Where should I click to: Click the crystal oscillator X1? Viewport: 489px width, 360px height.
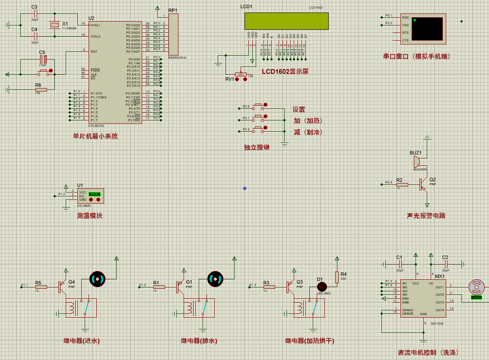click(x=54, y=25)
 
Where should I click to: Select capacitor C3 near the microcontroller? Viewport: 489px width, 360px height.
click(x=35, y=14)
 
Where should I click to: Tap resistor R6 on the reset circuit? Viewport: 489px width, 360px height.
click(x=41, y=89)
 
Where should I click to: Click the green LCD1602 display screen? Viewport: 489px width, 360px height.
click(x=286, y=21)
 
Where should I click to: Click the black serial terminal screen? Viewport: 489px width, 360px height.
click(x=427, y=29)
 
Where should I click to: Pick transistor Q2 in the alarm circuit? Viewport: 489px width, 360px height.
click(x=422, y=185)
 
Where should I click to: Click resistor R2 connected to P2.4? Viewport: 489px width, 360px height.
click(x=402, y=185)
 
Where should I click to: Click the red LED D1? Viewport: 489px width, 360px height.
click(x=321, y=286)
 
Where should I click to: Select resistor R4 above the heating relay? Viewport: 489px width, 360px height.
click(x=337, y=277)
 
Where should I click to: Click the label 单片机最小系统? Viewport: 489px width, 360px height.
click(x=95, y=136)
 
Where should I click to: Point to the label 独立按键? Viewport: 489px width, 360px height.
click(x=257, y=148)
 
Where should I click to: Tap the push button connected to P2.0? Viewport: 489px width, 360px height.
click(x=259, y=106)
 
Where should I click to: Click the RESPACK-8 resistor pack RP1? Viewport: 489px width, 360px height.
click(x=173, y=34)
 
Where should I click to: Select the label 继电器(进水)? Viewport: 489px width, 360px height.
click(x=82, y=341)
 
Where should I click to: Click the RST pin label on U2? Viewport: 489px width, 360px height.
click(x=94, y=51)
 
